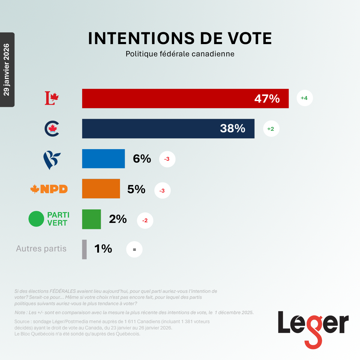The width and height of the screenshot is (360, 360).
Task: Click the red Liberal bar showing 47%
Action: point(185,98)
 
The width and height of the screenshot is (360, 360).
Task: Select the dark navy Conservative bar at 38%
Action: point(168,129)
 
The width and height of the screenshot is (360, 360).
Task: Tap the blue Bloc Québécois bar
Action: point(103,159)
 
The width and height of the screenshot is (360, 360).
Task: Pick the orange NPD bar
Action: point(101,189)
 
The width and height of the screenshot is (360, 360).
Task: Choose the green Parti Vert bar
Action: point(91,219)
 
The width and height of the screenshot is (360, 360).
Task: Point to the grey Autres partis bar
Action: point(84,249)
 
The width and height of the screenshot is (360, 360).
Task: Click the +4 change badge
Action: point(304,98)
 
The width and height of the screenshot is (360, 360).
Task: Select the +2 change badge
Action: point(271,129)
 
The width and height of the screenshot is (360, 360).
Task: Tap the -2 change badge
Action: point(145,220)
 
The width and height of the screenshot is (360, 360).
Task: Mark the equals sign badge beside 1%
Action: point(134,250)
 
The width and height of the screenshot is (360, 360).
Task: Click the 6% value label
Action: point(142,159)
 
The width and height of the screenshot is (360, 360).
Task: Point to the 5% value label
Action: point(136,189)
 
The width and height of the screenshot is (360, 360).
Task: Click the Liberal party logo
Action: point(52,98)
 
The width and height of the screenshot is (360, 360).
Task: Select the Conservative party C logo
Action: point(52,129)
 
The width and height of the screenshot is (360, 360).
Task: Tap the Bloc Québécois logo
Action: point(52,160)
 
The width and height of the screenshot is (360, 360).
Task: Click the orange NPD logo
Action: point(49,189)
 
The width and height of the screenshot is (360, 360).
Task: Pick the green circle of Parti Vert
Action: point(36,219)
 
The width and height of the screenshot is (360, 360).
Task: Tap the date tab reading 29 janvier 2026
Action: point(7,70)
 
